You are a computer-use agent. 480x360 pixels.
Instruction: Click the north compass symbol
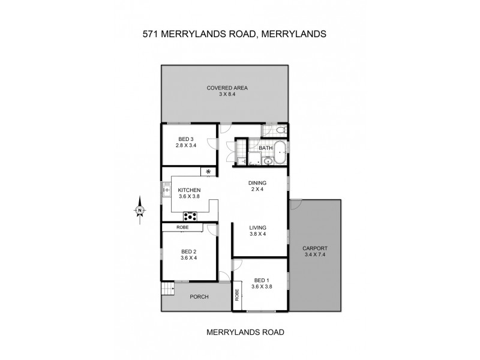click(x=139, y=210)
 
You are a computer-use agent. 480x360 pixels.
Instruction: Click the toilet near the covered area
click(x=282, y=130)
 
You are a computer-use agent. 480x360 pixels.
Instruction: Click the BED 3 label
click(x=187, y=138)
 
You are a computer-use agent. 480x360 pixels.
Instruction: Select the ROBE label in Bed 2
click(x=183, y=227)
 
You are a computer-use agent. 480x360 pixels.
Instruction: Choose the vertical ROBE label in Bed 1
click(x=237, y=295)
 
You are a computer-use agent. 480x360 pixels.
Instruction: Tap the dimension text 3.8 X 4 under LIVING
click(x=257, y=234)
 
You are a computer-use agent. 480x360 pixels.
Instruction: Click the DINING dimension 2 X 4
click(x=257, y=190)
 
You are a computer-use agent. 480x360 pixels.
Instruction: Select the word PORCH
click(x=199, y=296)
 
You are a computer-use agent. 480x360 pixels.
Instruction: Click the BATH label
click(x=265, y=147)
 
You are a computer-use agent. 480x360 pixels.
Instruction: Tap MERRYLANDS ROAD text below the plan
click(x=245, y=331)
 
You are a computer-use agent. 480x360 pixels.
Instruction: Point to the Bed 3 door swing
click(x=212, y=145)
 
